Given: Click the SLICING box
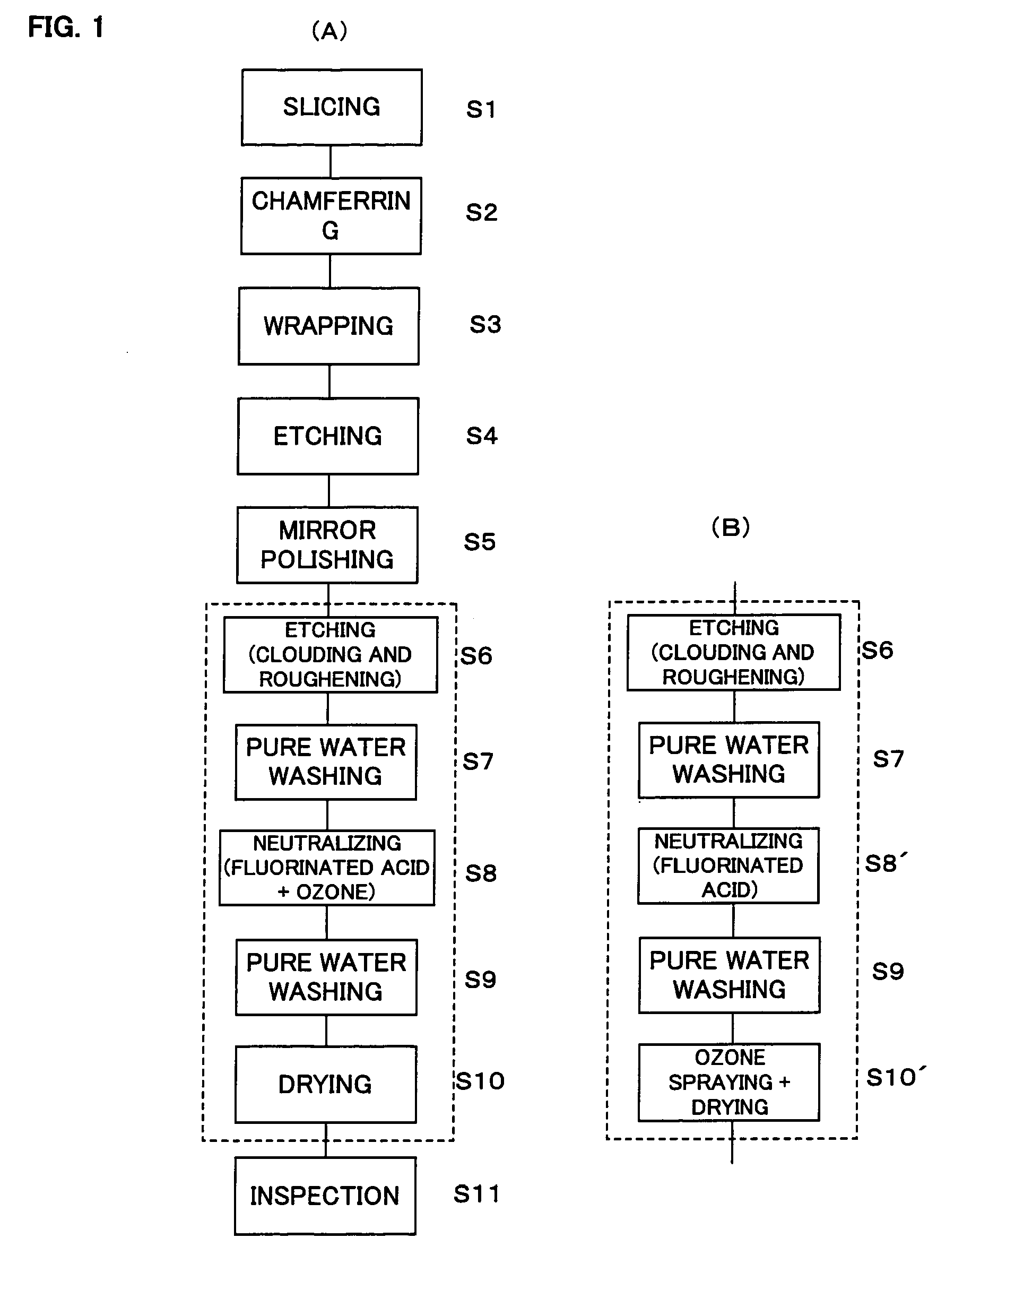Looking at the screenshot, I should (x=331, y=107).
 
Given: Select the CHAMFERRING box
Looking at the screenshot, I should (x=331, y=216).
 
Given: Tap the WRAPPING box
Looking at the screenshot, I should (x=328, y=326).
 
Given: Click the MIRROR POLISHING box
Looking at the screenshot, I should (x=327, y=545).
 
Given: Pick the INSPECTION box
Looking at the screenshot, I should (x=325, y=1196).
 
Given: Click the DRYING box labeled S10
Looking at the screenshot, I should (x=325, y=1084).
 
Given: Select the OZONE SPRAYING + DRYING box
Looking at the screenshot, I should (x=729, y=1082).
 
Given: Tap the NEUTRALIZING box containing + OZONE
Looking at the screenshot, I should (x=326, y=867).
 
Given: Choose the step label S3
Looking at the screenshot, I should (x=485, y=325).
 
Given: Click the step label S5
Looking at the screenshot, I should (x=480, y=542).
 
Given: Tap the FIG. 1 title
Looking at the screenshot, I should (x=66, y=27).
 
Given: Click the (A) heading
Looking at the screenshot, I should (x=329, y=31).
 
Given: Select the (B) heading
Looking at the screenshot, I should (x=730, y=527).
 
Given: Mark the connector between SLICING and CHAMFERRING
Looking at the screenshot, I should (x=330, y=161).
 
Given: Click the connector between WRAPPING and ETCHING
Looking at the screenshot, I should (x=329, y=381).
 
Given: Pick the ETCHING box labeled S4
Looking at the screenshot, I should (x=328, y=436).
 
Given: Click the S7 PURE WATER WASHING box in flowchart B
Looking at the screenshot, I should (x=729, y=759).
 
